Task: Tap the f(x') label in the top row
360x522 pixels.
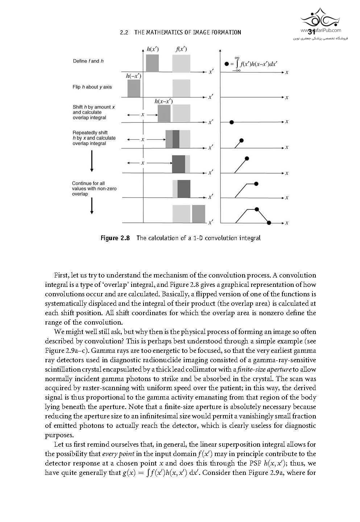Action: pyautogui.click(x=181, y=49)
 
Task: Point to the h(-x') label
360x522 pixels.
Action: pyautogui.click(x=133, y=76)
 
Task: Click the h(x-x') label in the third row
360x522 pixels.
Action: pyautogui.click(x=164, y=101)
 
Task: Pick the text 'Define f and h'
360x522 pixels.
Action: pyautogui.click(x=88, y=61)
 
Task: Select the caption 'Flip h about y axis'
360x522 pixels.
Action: pyautogui.click(x=92, y=87)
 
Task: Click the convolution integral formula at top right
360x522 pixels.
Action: pyautogui.click(x=255, y=64)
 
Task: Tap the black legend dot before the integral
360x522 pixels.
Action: pyautogui.click(x=227, y=64)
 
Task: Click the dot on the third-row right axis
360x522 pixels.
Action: pyautogui.click(x=232, y=122)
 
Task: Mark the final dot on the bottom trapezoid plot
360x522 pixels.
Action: pyautogui.click(x=269, y=222)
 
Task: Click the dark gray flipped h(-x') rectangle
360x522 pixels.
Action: pyautogui.click(x=134, y=88)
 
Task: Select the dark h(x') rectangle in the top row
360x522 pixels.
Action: pyautogui.click(x=152, y=63)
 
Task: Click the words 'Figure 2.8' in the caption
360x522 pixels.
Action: pyautogui.click(x=115, y=238)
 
